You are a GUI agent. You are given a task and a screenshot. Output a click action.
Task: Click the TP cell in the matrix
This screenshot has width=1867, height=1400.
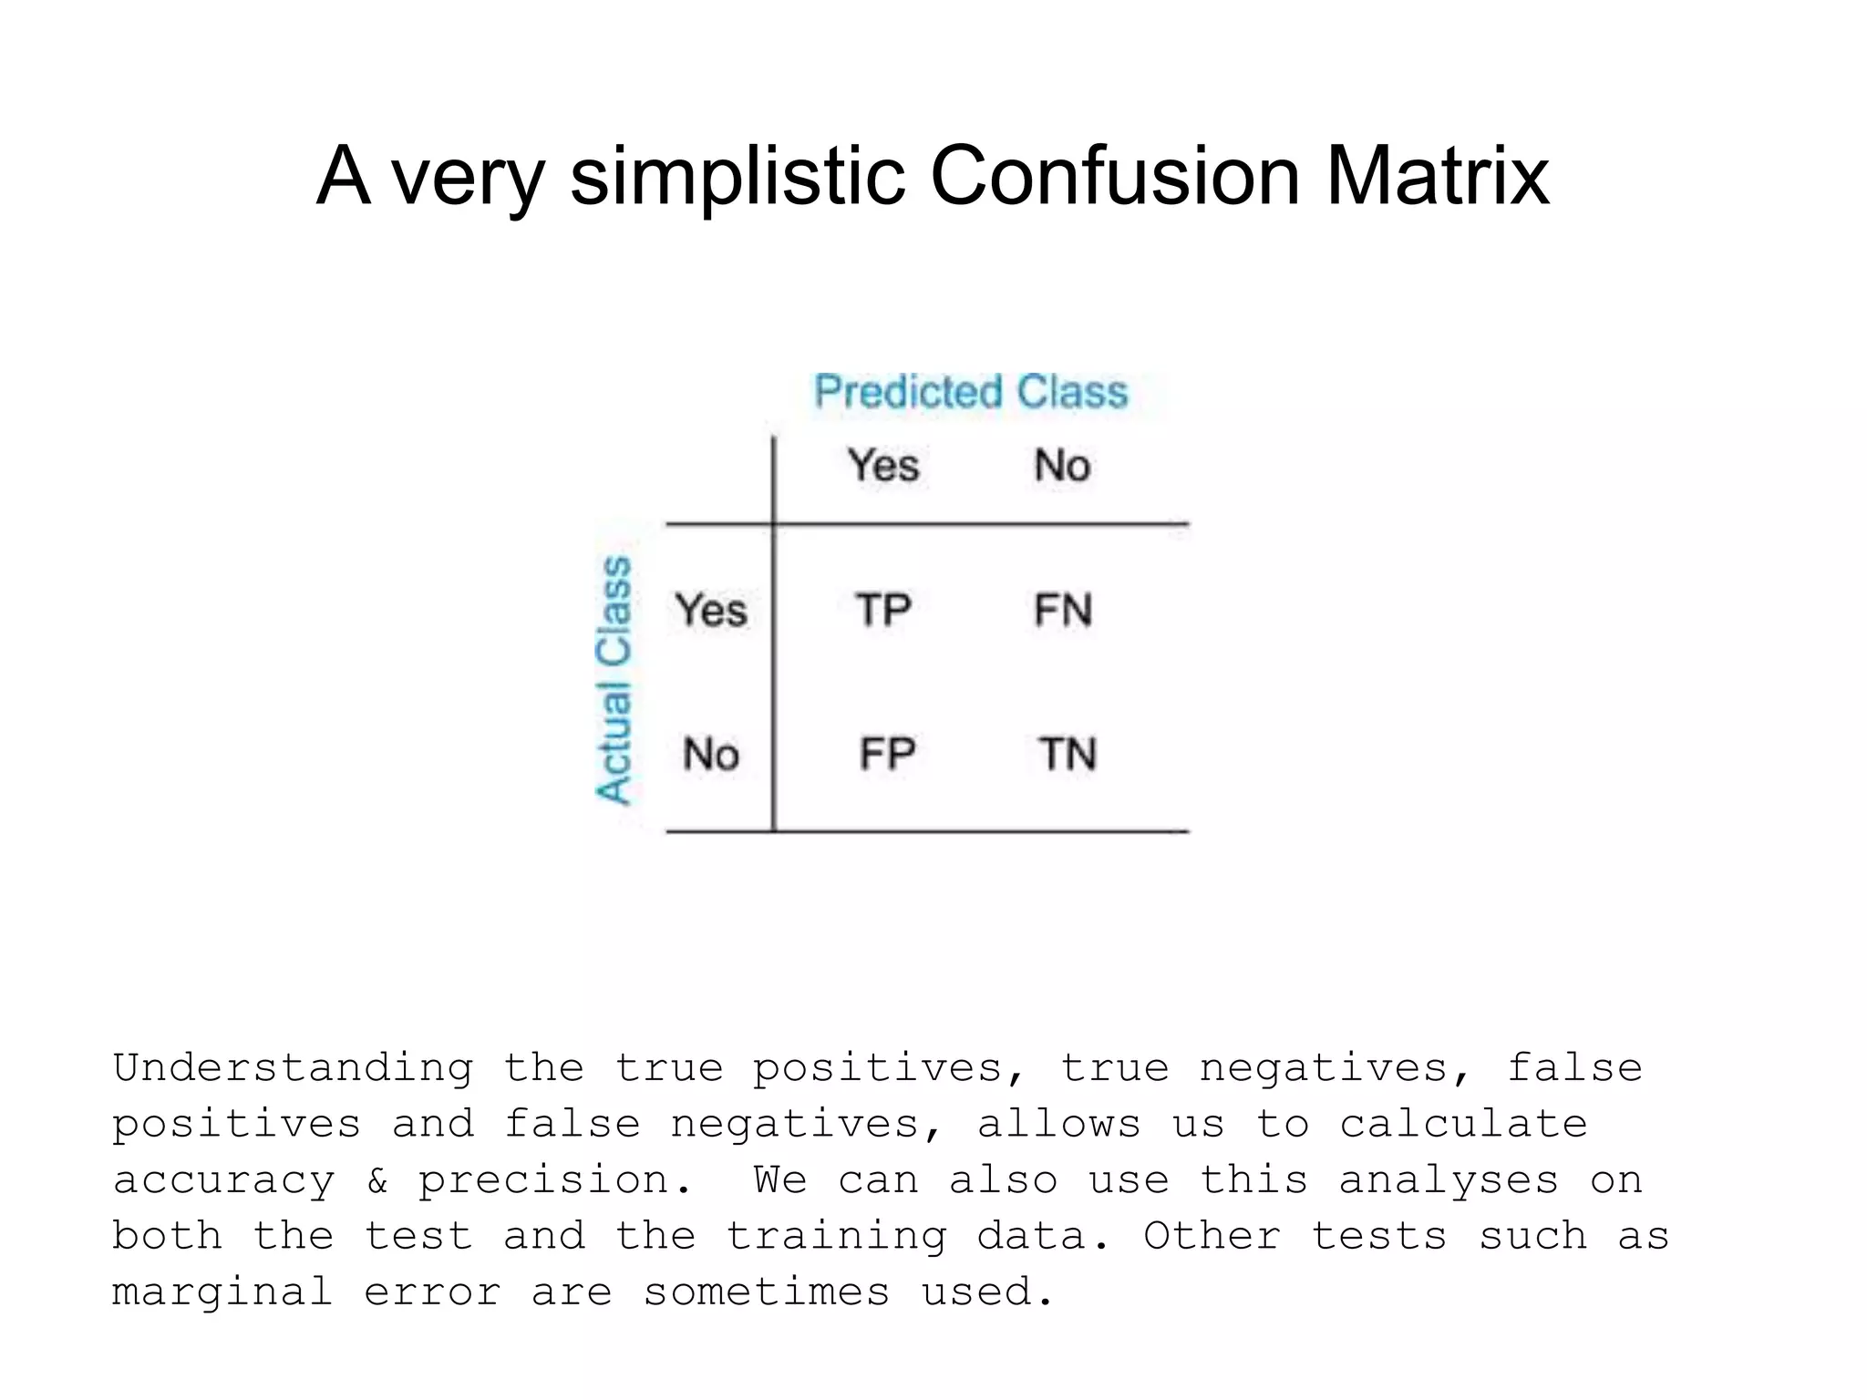[883, 610]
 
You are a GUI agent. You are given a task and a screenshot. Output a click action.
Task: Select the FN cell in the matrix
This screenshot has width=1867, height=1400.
[1063, 610]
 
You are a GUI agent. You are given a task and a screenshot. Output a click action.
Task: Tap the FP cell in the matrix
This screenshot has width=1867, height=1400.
[887, 754]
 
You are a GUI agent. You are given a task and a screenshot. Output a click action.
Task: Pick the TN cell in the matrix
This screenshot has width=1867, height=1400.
[1068, 754]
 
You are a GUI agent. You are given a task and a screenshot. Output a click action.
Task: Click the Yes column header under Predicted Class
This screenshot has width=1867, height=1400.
[883, 465]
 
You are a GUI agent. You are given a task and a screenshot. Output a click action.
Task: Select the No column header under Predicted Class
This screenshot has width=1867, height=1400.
[1062, 465]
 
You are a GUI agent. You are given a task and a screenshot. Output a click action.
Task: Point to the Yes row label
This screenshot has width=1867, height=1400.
[711, 610]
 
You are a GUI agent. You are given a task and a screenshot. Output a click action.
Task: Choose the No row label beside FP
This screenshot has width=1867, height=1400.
[711, 754]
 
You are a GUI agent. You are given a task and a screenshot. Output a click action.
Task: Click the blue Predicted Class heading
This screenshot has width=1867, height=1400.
[971, 392]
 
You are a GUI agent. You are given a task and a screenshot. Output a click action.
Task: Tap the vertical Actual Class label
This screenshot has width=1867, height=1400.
[614, 680]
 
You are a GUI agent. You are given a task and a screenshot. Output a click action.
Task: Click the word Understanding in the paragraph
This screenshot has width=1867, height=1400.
[294, 1068]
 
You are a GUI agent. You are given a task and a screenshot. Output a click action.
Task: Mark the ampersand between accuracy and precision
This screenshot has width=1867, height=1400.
[376, 1180]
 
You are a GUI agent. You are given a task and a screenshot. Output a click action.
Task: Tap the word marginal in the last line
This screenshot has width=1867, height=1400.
[222, 1292]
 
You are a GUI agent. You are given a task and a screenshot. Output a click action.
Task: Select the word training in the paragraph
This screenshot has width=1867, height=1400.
[836, 1237]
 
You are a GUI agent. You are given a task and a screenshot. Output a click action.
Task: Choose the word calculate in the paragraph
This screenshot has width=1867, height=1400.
[1463, 1124]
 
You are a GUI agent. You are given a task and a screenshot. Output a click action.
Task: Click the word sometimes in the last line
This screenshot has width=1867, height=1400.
[767, 1292]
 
